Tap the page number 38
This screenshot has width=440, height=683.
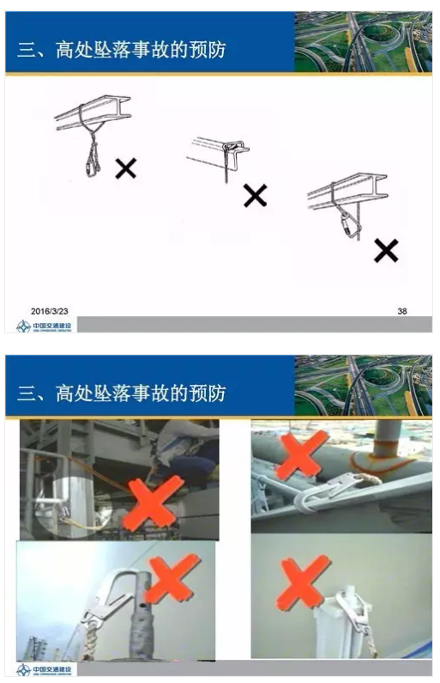pyautogui.click(x=402, y=310)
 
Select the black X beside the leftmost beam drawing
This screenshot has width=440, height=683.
pyautogui.click(x=126, y=168)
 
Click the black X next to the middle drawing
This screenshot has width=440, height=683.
pyautogui.click(x=255, y=195)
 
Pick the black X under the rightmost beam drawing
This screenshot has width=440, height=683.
pyautogui.click(x=386, y=250)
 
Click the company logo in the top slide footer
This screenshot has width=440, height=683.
pyautogui.click(x=45, y=326)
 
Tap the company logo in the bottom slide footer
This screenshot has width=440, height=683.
pyautogui.click(x=45, y=669)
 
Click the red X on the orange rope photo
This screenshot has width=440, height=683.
pyautogui.click(x=301, y=455)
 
